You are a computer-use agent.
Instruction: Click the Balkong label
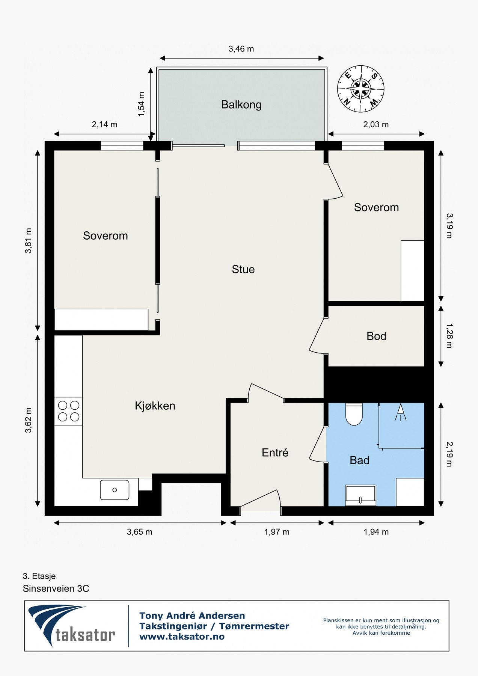click(241, 104)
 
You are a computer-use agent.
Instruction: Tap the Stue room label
click(243, 269)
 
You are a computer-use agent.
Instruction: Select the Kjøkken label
click(155, 406)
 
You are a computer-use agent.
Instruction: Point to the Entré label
click(275, 453)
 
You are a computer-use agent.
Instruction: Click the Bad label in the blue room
click(359, 460)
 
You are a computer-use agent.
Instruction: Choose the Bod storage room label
click(376, 336)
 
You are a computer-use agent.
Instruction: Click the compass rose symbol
click(360, 89)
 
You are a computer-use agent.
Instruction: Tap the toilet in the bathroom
click(354, 414)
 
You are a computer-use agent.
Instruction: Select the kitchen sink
click(115, 490)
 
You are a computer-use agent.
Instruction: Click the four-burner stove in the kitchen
click(69, 411)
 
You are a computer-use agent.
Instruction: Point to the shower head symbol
click(400, 412)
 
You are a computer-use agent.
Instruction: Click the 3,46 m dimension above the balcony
click(241, 49)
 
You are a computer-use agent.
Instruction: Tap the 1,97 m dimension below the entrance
click(277, 532)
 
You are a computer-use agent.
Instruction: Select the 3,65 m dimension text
click(140, 532)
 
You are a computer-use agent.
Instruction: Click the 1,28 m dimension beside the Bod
click(449, 336)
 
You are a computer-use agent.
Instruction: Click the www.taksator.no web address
click(182, 637)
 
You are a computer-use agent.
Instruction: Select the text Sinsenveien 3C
click(56, 588)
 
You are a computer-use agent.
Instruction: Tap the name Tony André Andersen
click(192, 616)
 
